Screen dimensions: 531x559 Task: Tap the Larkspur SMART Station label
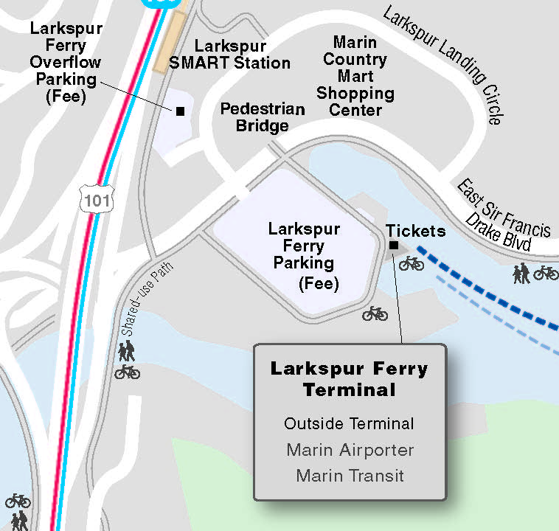click(x=229, y=55)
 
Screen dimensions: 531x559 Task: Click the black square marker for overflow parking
click(x=179, y=111)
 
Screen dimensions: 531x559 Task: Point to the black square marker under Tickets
click(x=393, y=246)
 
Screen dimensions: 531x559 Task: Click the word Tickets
click(x=416, y=231)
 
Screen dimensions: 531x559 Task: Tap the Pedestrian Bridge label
click(x=263, y=117)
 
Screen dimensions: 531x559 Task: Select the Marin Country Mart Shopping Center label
click(x=355, y=76)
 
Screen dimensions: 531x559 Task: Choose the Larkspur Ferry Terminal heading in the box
click(x=349, y=378)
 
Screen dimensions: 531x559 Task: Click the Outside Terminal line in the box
click(x=349, y=423)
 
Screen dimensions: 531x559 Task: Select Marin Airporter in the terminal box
click(x=350, y=450)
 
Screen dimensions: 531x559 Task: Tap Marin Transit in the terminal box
click(x=350, y=476)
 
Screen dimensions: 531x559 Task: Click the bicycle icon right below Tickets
click(x=412, y=263)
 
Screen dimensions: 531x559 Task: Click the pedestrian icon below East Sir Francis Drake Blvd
click(x=523, y=274)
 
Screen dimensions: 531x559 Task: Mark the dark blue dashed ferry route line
click(x=487, y=288)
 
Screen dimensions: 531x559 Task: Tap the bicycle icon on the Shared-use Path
click(x=127, y=372)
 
